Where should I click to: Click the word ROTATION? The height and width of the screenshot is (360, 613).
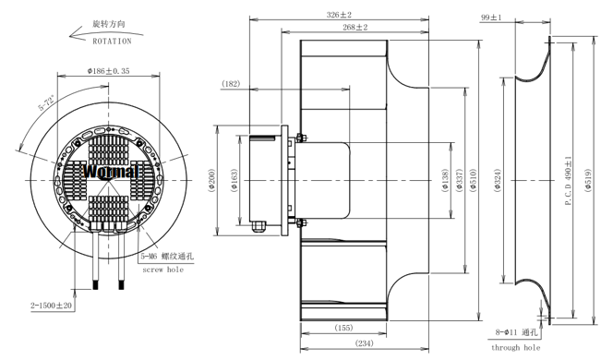(112, 41)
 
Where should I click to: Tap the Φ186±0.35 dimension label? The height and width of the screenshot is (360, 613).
(108, 71)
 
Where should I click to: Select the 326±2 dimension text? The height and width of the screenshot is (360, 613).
(339, 15)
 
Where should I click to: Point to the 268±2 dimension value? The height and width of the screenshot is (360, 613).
(355, 28)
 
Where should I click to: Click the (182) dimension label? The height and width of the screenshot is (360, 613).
(231, 84)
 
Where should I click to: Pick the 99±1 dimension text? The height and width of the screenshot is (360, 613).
(491, 18)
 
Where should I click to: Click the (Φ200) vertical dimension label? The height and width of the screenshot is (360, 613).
(211, 180)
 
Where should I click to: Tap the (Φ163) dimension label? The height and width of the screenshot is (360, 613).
(234, 180)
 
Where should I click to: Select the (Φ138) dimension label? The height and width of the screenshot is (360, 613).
(444, 181)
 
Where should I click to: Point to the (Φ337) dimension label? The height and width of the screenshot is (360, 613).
(460, 180)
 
